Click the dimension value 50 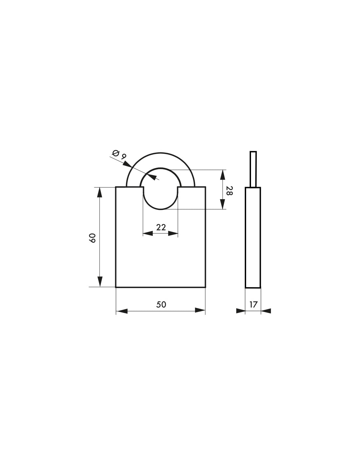[161, 304]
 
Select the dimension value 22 [161, 227]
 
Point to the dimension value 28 [229, 191]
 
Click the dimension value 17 [253, 304]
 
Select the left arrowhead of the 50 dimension [122, 310]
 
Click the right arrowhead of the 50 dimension [200, 310]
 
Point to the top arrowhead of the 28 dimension [223, 175]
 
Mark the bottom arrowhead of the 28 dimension [223, 204]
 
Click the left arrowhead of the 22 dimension [148, 233]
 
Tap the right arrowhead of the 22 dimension [173, 233]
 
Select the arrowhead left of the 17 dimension [241, 311]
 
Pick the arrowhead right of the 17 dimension [266, 311]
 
